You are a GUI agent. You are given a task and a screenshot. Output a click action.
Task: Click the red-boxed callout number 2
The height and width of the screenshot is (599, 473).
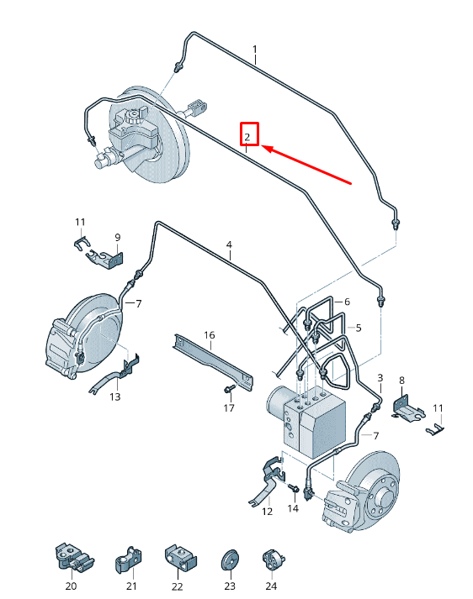[x=248, y=135]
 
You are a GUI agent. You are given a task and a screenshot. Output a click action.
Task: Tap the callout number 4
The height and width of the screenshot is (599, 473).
[x=228, y=246]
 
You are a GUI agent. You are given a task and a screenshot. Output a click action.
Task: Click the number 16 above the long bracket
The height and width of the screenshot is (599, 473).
[x=209, y=334]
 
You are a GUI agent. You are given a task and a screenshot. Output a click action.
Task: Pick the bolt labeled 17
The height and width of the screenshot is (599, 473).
[x=229, y=389]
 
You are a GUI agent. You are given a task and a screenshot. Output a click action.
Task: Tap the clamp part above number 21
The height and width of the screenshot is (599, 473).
[x=131, y=555]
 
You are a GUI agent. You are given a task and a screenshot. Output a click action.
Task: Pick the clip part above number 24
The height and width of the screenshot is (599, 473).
[x=270, y=558]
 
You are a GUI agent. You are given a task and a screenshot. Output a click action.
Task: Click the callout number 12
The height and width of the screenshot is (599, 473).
[x=268, y=511]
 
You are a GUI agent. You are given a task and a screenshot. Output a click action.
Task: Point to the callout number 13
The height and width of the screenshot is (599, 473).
[x=114, y=397]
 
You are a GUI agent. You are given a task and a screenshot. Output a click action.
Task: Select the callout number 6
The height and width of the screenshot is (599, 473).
[x=346, y=302]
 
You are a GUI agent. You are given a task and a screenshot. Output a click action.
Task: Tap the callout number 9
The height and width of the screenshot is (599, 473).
[x=117, y=237]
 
